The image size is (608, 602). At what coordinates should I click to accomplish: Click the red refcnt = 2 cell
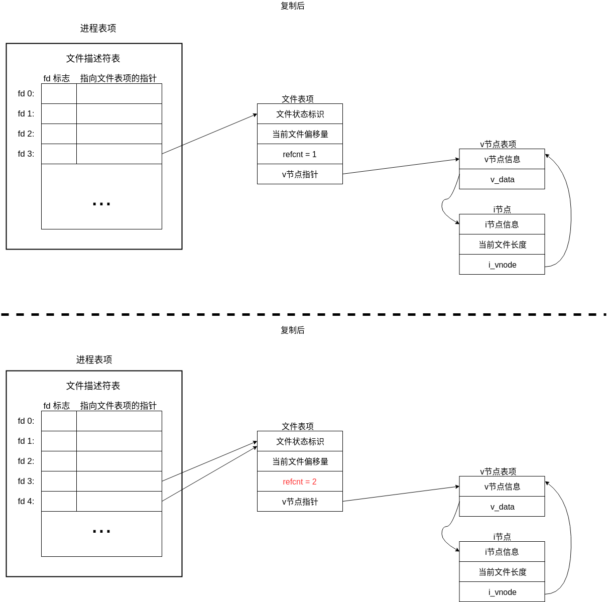(300, 481)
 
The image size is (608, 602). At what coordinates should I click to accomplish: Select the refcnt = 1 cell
(300, 154)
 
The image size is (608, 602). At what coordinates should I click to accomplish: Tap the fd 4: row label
(26, 501)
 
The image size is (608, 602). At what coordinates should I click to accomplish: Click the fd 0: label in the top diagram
(26, 93)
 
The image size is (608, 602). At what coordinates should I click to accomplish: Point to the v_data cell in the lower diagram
(502, 507)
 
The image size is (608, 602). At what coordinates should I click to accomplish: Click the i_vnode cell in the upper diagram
(502, 265)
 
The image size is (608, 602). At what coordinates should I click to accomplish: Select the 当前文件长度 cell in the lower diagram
(502, 572)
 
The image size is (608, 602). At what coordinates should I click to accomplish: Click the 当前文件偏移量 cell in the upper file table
(300, 134)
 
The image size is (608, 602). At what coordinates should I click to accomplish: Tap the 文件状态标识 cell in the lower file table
(300, 441)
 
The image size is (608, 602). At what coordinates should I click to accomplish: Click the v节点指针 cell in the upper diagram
(300, 174)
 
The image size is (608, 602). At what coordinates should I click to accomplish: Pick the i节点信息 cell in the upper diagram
(502, 224)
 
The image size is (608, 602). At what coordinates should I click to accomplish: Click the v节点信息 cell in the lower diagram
(502, 487)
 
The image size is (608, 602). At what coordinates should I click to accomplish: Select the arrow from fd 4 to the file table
(209, 474)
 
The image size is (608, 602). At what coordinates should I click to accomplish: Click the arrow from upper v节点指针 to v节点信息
(402, 167)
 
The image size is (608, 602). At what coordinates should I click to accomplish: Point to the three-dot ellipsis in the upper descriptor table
(101, 204)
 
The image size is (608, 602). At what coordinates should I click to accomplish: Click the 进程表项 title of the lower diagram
(94, 359)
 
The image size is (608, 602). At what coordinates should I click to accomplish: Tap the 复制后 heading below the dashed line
(292, 330)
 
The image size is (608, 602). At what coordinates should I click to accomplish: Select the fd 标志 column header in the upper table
(56, 78)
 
